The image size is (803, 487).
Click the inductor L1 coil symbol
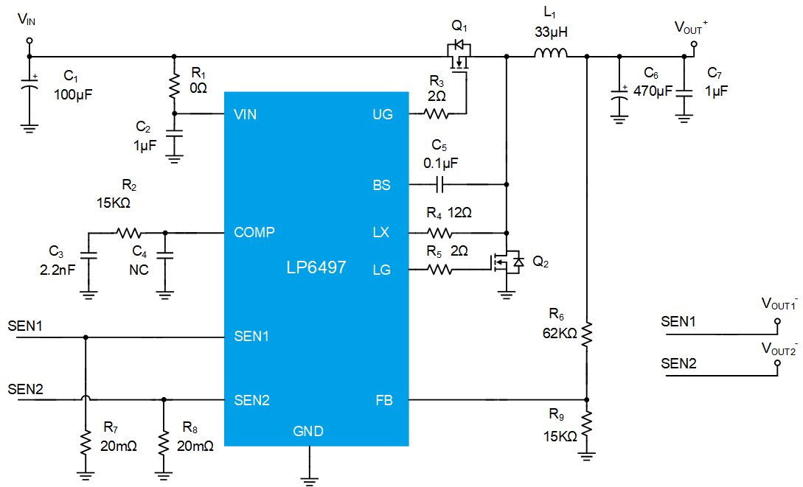coord(551,52)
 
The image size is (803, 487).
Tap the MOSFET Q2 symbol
coord(507,262)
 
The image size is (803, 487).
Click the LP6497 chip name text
coord(316,267)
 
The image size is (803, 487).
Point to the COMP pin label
coord(254,232)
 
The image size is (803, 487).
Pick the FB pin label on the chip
coord(384,400)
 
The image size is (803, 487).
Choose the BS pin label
coord(381,185)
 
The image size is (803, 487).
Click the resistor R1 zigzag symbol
coord(174,86)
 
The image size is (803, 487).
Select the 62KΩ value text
coord(560,334)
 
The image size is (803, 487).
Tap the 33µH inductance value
coord(551,32)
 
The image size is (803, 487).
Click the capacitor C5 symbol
coord(439,184)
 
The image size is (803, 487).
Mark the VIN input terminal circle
coord(29,41)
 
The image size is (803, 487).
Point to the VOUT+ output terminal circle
coord(694,44)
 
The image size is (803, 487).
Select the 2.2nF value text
coord(58,270)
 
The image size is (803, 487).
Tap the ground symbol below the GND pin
coord(309,480)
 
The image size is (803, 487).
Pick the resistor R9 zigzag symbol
coord(587,424)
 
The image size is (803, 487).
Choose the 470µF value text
coord(653,91)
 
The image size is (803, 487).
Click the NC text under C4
coord(139,270)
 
